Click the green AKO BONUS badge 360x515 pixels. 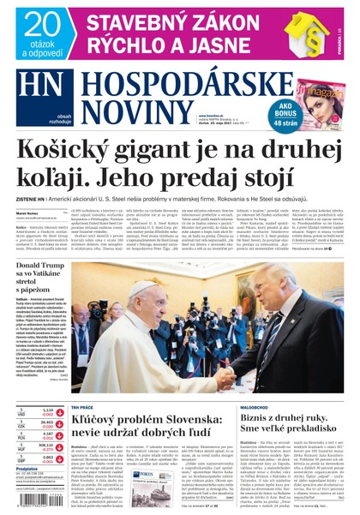(x=260, y=114)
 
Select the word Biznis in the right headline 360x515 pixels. (x=257, y=410)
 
